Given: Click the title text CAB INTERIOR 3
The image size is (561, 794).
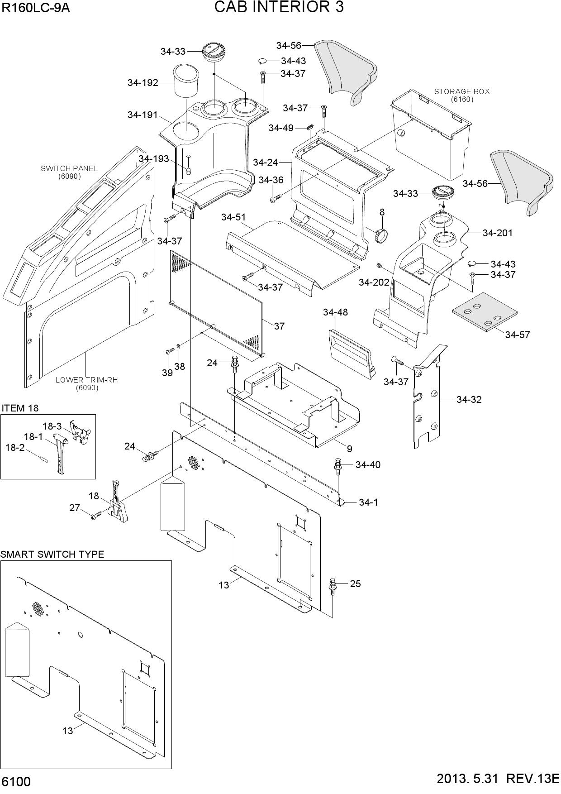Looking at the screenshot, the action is pos(279,7).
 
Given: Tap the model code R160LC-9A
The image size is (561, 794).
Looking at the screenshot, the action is pos(36,8).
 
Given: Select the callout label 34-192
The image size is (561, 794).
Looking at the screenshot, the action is pos(143,83).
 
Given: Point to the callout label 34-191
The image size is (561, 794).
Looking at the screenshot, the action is pos(143,115).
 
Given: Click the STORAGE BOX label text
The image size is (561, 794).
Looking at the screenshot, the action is pos(462,91).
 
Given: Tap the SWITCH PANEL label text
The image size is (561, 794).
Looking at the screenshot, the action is pos(69,168).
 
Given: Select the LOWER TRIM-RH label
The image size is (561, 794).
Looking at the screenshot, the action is pos(86,380).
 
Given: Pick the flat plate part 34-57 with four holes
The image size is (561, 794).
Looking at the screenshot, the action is pos(485,312).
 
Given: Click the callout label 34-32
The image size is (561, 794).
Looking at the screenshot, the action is pos(469,400).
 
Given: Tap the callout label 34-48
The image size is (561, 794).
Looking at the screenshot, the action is pos(335,312).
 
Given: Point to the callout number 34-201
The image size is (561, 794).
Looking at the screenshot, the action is pos(498,233).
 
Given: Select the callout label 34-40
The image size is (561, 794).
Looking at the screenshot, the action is pos(368,465).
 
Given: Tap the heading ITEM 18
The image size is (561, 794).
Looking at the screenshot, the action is pos(20,408).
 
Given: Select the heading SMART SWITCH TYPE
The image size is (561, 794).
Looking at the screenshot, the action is pos(52,555).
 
